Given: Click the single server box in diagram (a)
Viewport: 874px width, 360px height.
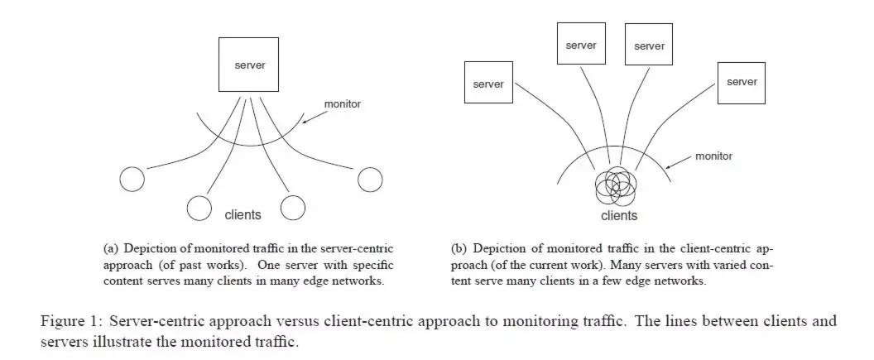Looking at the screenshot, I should point(250,65).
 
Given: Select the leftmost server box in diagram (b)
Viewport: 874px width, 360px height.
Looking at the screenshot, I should point(487,83).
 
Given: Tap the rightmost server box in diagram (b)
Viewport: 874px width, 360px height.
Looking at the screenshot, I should point(741,81).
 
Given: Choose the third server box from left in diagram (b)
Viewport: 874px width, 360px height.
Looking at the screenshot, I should point(649,46).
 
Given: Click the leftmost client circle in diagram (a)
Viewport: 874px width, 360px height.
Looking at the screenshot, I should point(132,179).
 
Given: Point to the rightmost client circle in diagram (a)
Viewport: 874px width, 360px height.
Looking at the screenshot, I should point(370,179).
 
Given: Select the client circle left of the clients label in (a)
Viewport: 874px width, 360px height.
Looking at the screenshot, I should point(199,208).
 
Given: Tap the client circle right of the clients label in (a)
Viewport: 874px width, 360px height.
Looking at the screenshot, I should point(293,208).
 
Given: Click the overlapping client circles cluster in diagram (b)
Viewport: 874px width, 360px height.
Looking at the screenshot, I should point(616,187).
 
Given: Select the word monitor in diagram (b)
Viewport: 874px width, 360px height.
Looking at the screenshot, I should point(713,156).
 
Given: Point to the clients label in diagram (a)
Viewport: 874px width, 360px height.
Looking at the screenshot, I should point(243,215).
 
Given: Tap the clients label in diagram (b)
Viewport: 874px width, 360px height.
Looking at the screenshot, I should point(619,216).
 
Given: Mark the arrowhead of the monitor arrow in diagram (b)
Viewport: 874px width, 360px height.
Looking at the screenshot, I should point(669,166).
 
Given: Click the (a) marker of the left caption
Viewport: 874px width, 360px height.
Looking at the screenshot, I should point(111,248).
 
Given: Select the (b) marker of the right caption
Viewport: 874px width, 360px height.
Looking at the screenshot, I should point(459,248).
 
